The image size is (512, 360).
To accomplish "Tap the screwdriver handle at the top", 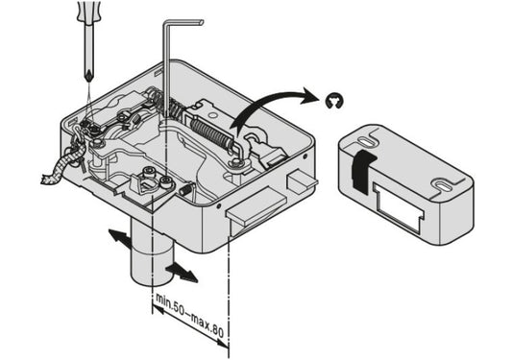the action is (x=87, y=12).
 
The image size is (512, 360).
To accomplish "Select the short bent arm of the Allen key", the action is (x=183, y=22).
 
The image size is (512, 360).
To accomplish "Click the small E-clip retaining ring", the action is (x=334, y=101).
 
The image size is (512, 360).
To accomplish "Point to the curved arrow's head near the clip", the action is (x=307, y=95).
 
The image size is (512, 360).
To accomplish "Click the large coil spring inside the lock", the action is (x=211, y=132).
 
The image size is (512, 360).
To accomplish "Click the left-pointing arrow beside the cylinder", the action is (x=119, y=238).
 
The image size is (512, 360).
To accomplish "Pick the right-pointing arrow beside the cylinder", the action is (x=182, y=273).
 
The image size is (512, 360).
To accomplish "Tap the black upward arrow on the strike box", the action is (x=362, y=170).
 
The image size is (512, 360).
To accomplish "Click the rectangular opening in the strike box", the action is (x=398, y=205).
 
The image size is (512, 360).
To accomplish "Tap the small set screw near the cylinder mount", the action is (x=185, y=190).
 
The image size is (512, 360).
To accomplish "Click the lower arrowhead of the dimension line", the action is (x=222, y=344).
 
